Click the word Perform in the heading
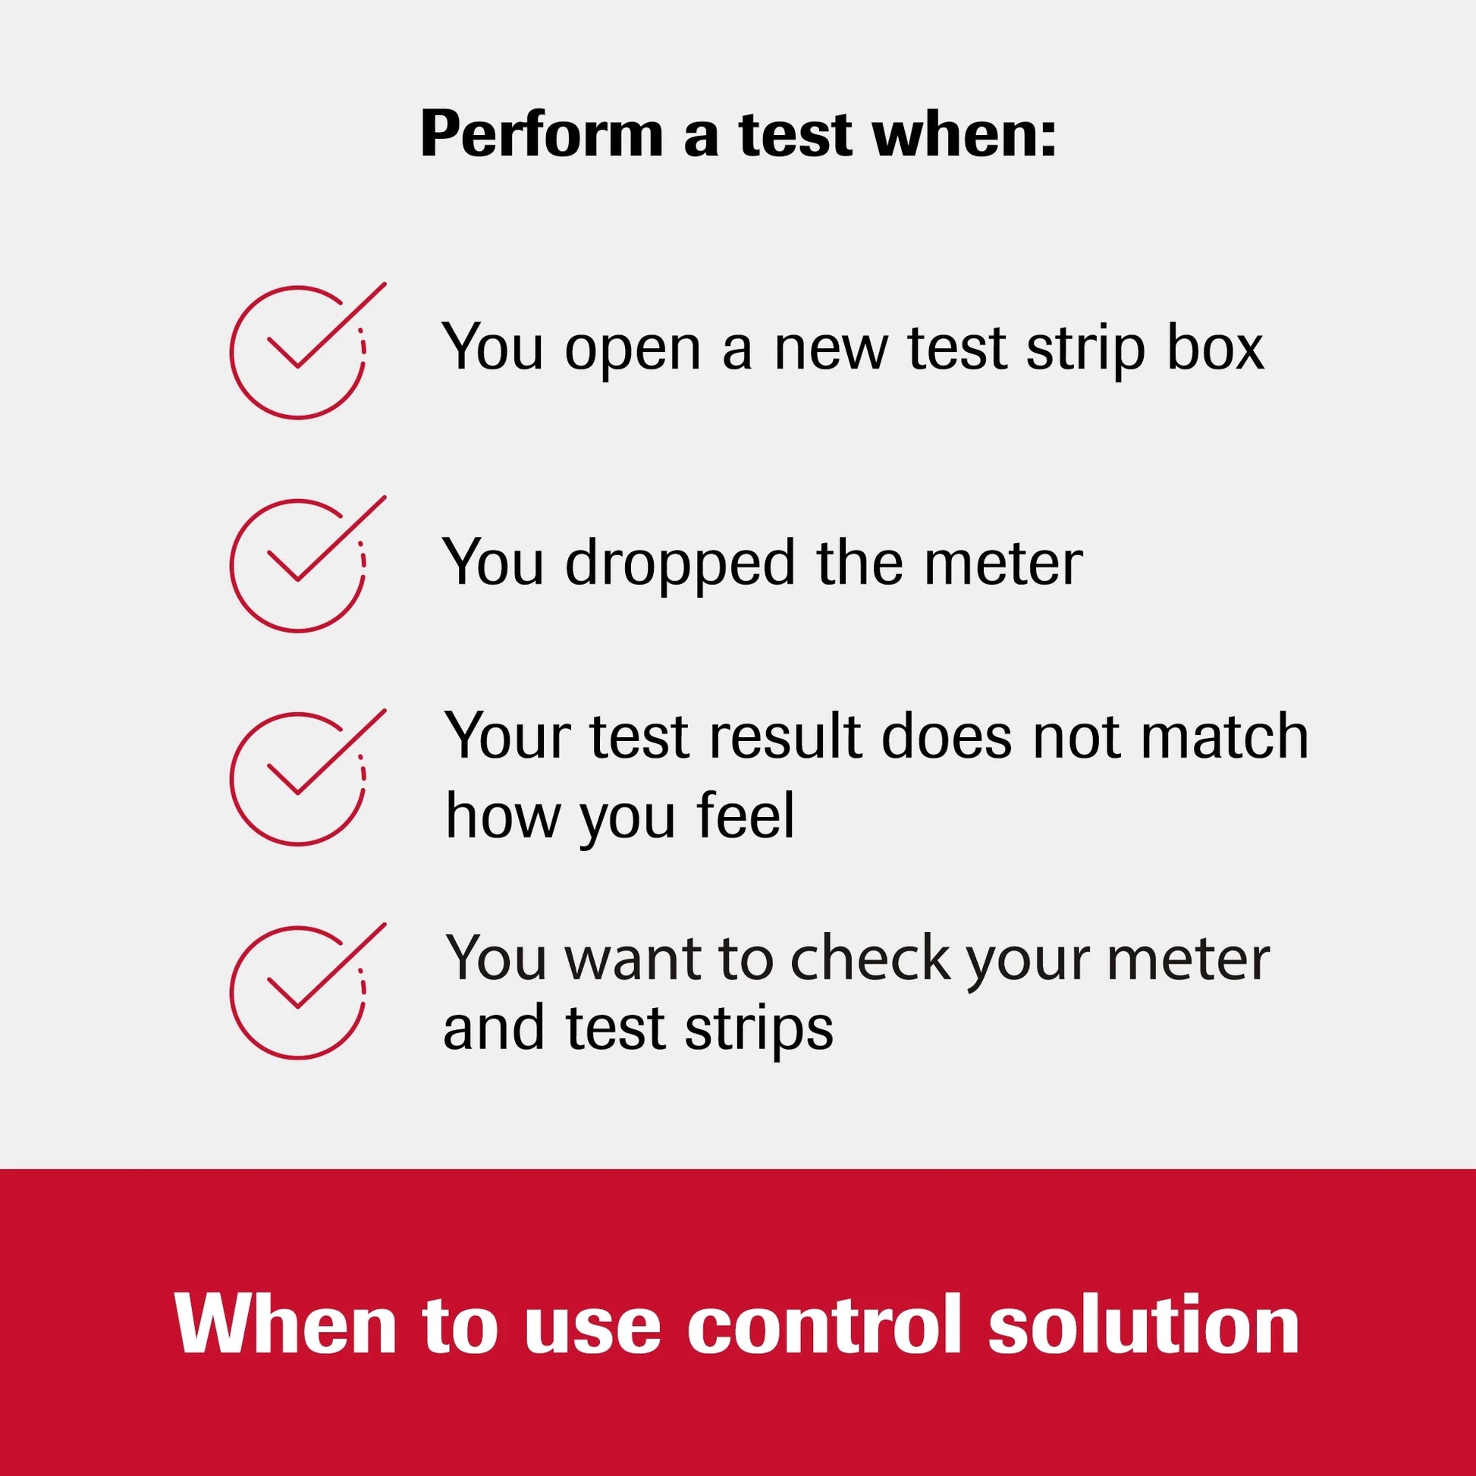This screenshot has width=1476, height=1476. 541,134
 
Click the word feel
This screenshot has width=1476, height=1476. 746,816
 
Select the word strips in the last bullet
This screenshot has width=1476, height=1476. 758,1028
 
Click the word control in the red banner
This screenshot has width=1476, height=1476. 822,1325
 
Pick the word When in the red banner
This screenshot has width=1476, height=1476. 287,1325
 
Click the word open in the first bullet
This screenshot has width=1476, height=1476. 633,350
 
